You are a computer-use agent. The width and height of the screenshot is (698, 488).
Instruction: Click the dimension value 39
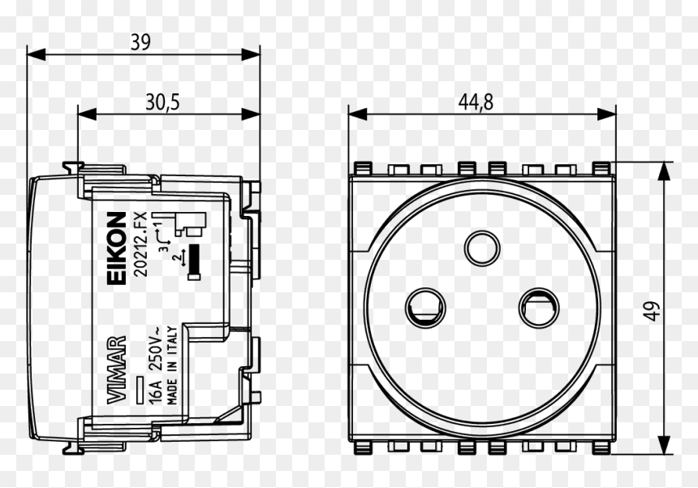140,42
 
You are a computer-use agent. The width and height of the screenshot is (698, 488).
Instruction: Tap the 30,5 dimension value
162,102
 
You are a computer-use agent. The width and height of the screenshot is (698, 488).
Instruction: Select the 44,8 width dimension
476,102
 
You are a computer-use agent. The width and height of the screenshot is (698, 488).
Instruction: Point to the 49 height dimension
652,311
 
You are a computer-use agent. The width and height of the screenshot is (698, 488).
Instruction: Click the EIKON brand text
117,248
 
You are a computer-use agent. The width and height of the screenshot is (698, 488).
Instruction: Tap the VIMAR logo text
117,370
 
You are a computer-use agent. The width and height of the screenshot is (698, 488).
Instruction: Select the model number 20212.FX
140,245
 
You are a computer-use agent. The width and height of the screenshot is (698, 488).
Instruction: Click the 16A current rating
156,392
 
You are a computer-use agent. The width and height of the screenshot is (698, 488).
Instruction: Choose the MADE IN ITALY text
172,365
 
